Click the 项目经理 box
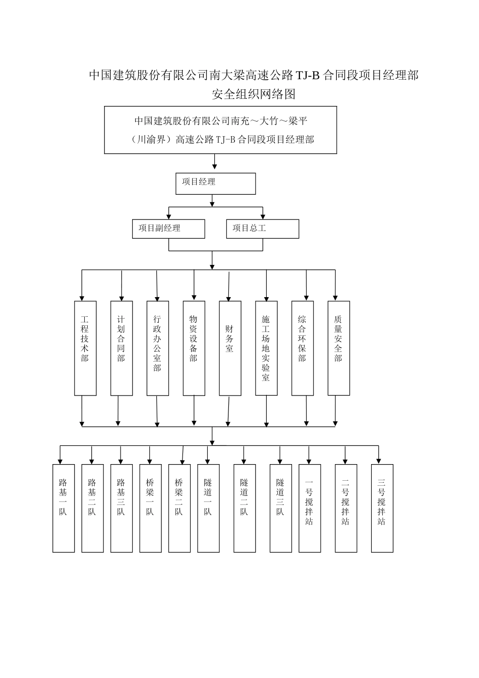[x=215, y=184]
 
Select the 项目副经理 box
[x=168, y=229]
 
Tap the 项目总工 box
[x=262, y=229]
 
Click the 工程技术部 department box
[x=85, y=348]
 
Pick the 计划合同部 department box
[x=122, y=348]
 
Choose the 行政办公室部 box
[x=158, y=348]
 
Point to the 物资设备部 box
[x=194, y=348]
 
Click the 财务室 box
[x=230, y=348]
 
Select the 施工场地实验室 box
[x=266, y=348]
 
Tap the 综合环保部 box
[x=303, y=348]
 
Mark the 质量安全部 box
[x=338, y=348]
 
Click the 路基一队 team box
[x=64, y=508]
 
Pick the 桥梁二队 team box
[x=179, y=508]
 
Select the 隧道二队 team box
[x=245, y=508]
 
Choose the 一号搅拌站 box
[x=310, y=508]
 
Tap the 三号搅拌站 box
[x=382, y=508]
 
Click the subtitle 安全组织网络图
[x=254, y=94]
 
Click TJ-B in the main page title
[x=307, y=76]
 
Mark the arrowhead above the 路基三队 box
[x=121, y=461]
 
